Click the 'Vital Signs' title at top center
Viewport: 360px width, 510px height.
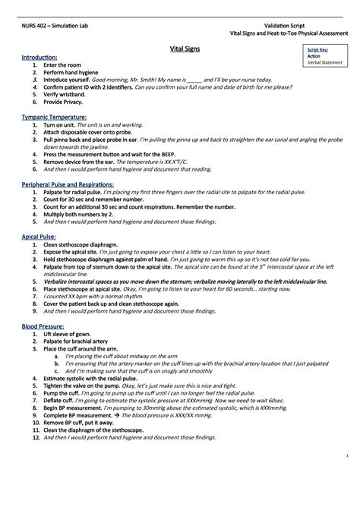pyautogui.click(x=179, y=49)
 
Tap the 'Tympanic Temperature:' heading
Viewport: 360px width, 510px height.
pyautogui.click(x=53, y=118)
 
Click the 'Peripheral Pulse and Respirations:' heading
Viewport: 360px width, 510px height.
pyautogui.click(x=68, y=184)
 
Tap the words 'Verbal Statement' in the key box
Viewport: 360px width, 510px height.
pyautogui.click(x=322, y=62)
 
